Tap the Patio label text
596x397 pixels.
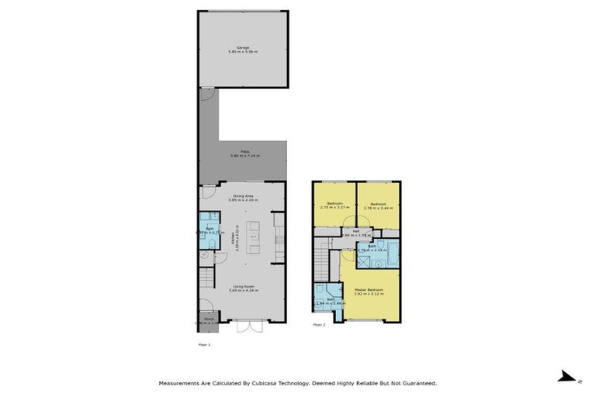tap(244, 151)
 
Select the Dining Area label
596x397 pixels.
tap(244, 196)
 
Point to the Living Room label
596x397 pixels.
tap(244, 286)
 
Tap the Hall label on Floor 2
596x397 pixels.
tap(356, 230)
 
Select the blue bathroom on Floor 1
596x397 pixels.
tap(209, 230)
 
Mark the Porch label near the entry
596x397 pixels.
tap(209, 318)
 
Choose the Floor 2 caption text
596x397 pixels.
tap(319, 324)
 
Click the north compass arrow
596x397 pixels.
tap(567, 376)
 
